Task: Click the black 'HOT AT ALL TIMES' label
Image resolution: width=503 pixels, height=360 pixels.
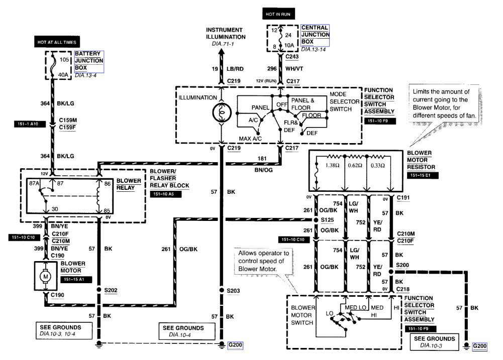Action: tap(56, 42)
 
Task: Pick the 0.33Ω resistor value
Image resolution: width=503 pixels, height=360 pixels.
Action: tap(377, 165)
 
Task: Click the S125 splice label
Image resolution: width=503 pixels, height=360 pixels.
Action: tap(329, 220)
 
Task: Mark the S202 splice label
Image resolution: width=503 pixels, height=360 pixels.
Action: tap(111, 290)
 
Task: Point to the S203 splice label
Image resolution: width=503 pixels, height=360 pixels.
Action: tap(234, 290)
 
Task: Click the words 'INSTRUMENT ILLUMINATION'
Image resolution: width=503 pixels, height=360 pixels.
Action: tap(225, 33)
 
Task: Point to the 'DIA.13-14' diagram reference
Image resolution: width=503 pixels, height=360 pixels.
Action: tap(313, 50)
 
